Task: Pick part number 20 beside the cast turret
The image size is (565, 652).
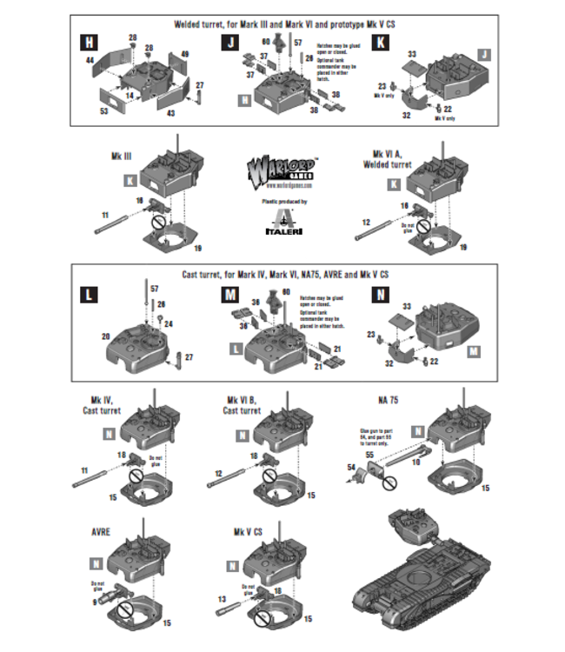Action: [x=104, y=336]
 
